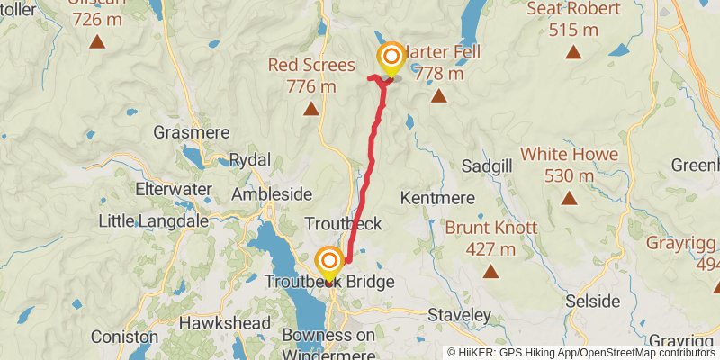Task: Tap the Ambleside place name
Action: tap(271, 194)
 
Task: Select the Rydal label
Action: tap(250, 159)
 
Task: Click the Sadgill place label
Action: tap(486, 166)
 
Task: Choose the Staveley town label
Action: tap(460, 315)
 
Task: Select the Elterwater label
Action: tap(173, 190)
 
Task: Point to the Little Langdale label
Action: tap(153, 220)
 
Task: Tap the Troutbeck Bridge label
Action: tap(329, 283)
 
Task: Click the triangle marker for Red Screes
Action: tap(311, 110)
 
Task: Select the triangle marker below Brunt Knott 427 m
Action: tap(491, 271)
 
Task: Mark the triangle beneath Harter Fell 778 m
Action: tap(438, 96)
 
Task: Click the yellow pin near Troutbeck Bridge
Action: tap(329, 264)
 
